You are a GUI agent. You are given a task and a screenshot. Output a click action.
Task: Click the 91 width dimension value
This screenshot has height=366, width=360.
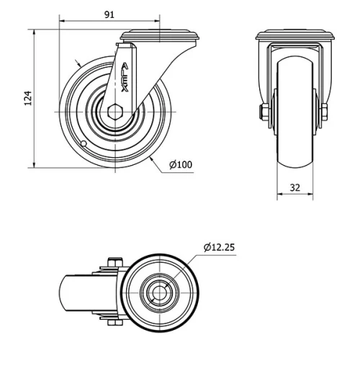click(109, 14)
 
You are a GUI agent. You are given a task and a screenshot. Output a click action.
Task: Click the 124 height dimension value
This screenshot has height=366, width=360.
click(28, 98)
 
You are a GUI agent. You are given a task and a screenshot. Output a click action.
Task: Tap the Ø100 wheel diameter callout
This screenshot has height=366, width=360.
click(181, 164)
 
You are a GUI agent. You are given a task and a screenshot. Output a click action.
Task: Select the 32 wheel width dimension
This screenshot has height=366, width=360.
click(295, 187)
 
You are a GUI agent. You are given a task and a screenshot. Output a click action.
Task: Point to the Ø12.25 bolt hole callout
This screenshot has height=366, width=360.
click(219, 247)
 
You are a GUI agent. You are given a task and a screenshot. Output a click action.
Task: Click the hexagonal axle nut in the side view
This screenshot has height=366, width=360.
click(115, 112)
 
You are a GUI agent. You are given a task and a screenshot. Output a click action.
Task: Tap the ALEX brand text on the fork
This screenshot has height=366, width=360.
click(125, 77)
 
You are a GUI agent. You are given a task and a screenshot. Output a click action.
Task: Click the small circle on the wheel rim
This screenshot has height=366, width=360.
click(84, 143)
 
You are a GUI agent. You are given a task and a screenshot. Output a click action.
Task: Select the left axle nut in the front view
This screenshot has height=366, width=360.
click(264, 112)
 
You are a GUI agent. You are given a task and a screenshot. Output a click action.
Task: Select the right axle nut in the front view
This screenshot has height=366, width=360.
click(325, 112)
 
